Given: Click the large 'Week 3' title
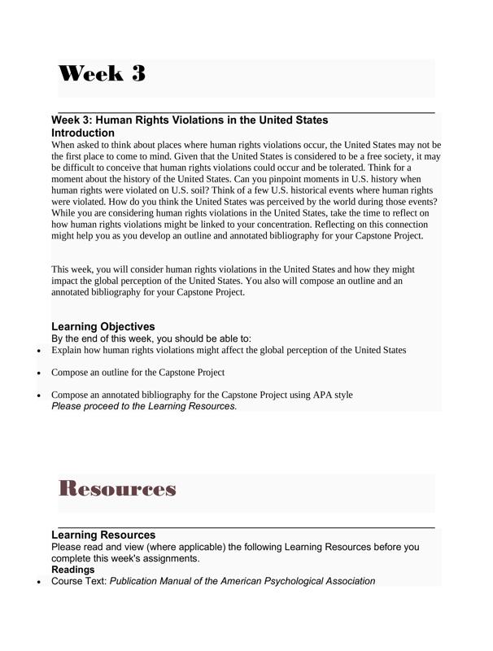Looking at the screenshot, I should pos(102,74).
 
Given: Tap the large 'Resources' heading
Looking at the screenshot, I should pos(118,489).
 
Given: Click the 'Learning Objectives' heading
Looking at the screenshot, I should pos(103,326).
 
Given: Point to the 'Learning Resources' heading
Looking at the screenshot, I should pos(103,535).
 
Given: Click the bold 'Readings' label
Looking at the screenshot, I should pos(73,570).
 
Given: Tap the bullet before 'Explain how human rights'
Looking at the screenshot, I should pos(39,351).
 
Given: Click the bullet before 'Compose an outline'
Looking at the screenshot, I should pos(39,373).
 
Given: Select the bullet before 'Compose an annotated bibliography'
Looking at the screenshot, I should pos(39,395).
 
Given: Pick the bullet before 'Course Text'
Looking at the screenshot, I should pos(39,582).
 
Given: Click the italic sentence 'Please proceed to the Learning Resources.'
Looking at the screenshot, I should pos(144,406).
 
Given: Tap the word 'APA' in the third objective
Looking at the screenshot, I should pos(314,395).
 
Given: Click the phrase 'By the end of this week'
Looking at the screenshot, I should pos(102,339).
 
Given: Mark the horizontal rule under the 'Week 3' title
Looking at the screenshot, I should pos(246,111).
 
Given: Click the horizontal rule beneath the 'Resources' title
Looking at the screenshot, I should pos(246,527).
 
